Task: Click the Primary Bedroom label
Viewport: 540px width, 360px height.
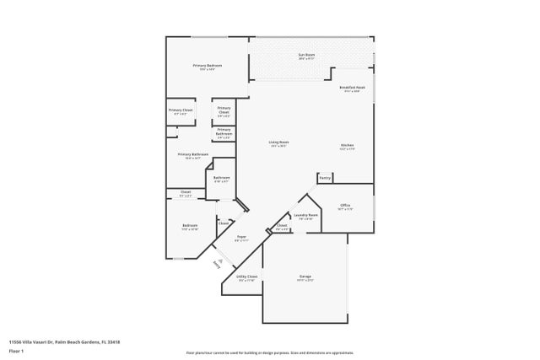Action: click(207, 66)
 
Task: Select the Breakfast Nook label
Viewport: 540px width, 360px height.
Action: click(352, 88)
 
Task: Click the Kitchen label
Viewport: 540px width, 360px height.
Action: click(347, 146)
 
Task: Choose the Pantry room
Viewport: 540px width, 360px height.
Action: click(325, 178)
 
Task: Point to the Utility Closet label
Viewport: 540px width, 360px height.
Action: click(247, 277)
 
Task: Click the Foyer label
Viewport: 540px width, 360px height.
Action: click(240, 237)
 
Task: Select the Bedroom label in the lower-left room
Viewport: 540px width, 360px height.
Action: click(190, 225)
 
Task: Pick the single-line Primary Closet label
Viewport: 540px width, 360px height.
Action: click(181, 110)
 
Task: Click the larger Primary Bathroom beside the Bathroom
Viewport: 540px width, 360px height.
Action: click(192, 155)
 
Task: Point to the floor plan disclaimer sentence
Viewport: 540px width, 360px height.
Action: click(269, 352)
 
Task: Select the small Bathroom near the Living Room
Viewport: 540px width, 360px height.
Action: click(221, 178)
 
